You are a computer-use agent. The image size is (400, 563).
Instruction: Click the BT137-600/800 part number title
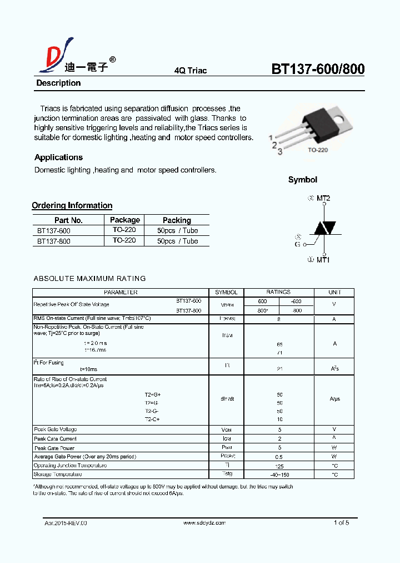click(318, 69)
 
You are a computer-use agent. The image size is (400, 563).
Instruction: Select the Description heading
click(58, 83)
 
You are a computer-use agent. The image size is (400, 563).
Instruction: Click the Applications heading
click(58, 157)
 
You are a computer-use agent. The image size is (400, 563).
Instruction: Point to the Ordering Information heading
click(72, 205)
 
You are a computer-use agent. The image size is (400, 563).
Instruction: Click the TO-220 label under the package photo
click(318, 150)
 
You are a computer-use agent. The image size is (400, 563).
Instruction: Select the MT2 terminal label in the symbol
click(323, 198)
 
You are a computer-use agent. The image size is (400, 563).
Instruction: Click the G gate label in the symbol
click(297, 244)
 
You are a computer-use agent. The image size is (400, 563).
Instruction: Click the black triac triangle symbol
click(324, 228)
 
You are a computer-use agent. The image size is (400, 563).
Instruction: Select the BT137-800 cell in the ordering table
click(54, 241)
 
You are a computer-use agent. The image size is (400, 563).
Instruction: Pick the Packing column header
click(177, 220)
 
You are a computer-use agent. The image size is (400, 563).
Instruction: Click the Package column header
click(124, 220)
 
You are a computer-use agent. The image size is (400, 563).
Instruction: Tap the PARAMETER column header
click(121, 292)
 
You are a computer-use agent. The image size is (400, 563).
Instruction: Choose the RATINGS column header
click(278, 292)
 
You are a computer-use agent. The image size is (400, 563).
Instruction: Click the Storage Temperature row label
click(58, 475)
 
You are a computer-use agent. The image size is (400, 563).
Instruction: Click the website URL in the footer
click(204, 523)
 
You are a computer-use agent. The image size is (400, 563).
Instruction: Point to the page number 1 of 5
click(341, 523)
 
